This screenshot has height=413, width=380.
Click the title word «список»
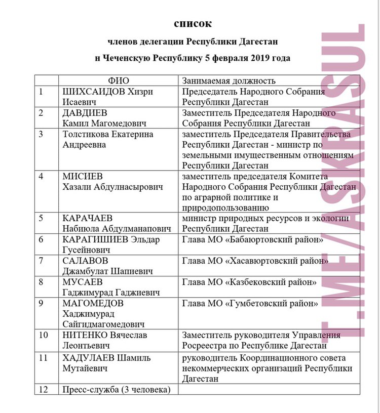(x=193, y=23)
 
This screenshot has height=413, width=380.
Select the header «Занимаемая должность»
(x=229, y=81)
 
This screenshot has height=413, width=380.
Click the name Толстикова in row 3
(x=85, y=135)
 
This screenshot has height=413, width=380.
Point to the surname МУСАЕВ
(x=82, y=282)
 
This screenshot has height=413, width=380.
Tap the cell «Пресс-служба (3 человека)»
(x=116, y=389)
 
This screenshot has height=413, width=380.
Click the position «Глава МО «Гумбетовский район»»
(x=250, y=303)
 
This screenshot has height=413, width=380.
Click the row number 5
(x=42, y=218)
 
